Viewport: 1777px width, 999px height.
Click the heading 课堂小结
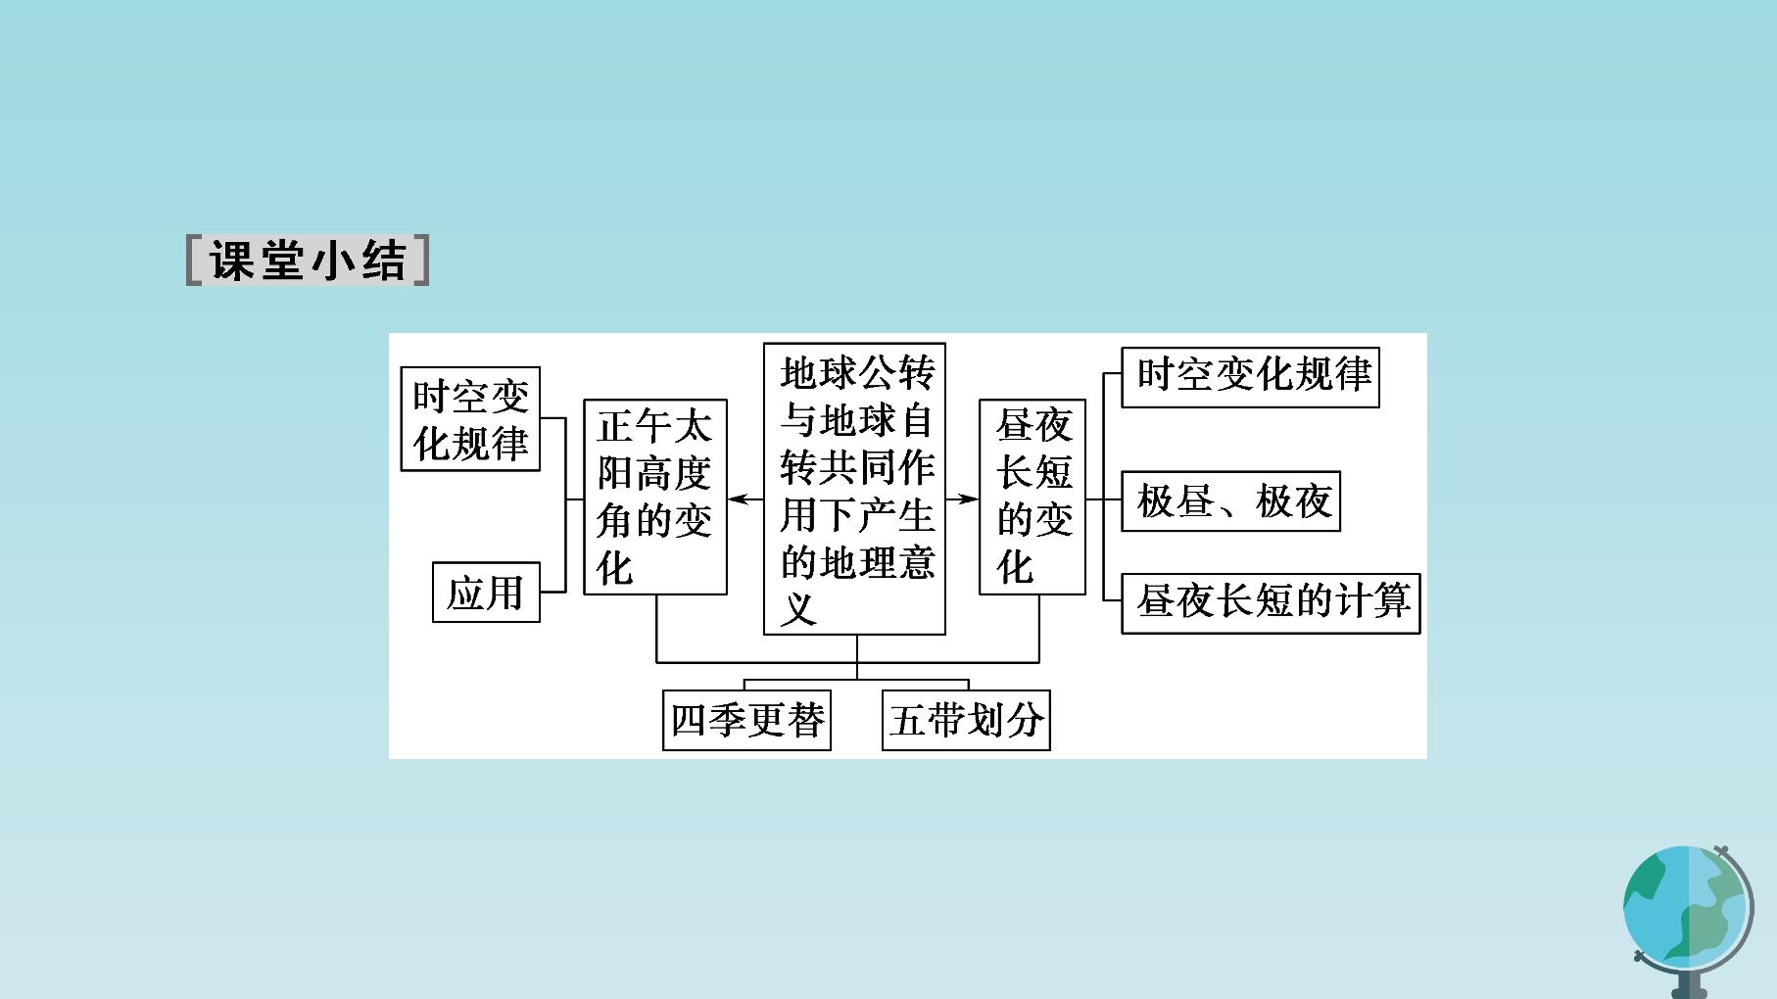click(308, 261)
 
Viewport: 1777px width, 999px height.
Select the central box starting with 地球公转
click(854, 489)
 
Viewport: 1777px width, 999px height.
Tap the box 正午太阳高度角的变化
click(655, 497)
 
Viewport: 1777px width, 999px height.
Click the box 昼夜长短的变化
click(1033, 497)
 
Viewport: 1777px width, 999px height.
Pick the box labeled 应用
click(486, 592)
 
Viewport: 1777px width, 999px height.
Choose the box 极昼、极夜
click(1230, 501)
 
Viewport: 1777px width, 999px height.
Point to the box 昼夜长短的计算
click(1271, 601)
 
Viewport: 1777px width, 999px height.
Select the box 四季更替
click(746, 720)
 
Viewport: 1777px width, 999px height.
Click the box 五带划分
click(966, 720)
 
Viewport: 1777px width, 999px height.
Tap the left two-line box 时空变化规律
click(470, 419)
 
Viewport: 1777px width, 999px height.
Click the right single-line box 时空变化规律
click(1250, 376)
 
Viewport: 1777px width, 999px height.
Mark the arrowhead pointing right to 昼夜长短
click(970, 499)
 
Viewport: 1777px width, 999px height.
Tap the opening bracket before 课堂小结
click(194, 261)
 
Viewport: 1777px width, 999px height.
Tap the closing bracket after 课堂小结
click(421, 261)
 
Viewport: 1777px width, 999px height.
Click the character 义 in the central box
click(798, 609)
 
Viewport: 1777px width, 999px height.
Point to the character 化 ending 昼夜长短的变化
click(1015, 566)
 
